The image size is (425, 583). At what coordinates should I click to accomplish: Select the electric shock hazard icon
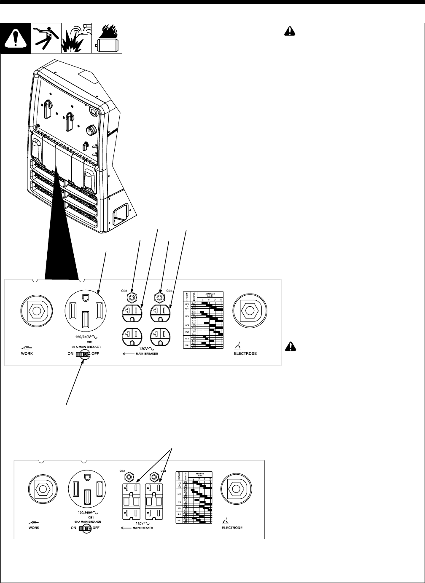[46, 38]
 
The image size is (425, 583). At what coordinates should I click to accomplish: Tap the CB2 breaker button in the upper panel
[133, 297]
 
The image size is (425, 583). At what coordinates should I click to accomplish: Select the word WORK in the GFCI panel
[34, 528]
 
